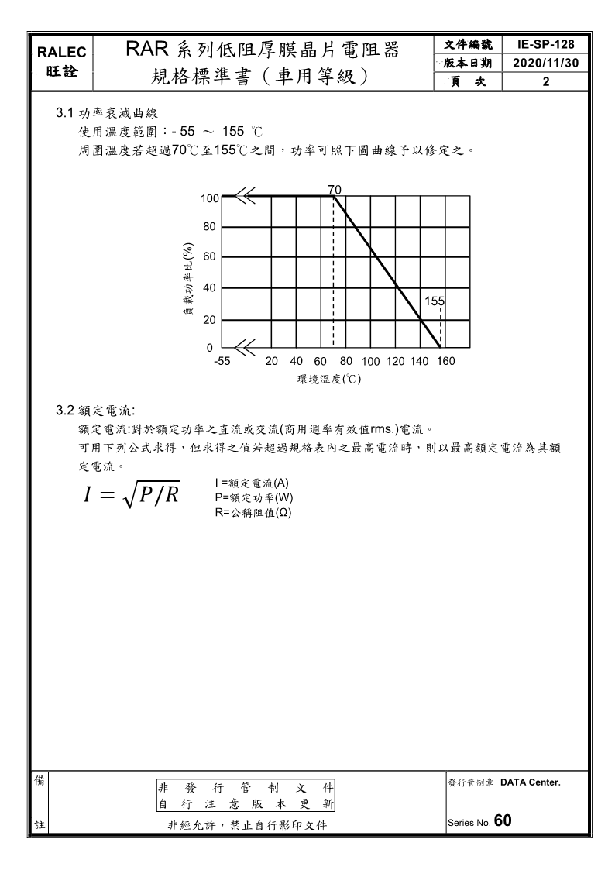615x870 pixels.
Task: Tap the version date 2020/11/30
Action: pyautogui.click(x=546, y=63)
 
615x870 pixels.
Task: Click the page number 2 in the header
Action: pyautogui.click(x=546, y=81)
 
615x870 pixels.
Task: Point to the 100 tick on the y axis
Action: pyautogui.click(x=210, y=198)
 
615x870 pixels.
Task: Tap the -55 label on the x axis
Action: pyautogui.click(x=222, y=361)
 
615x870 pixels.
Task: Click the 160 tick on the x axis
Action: pyautogui.click(x=445, y=361)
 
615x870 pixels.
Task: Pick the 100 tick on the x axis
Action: pyautogui.click(x=370, y=361)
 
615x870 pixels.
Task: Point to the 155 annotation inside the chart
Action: pyautogui.click(x=435, y=301)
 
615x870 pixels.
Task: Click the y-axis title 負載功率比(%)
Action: pyautogui.click(x=187, y=279)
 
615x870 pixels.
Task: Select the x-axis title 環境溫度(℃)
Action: pyautogui.click(x=329, y=380)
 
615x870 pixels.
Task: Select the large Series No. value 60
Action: pyautogui.click(x=502, y=821)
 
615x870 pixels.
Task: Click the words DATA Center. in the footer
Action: pyautogui.click(x=530, y=782)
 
